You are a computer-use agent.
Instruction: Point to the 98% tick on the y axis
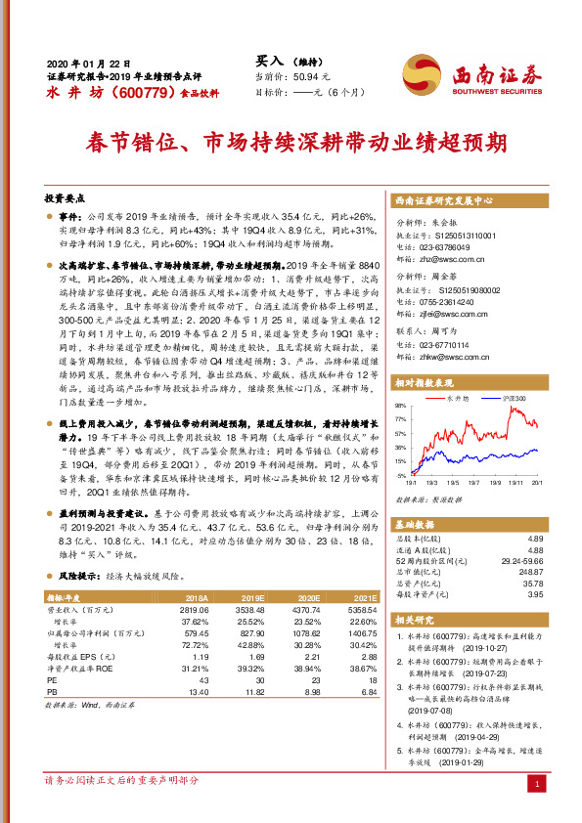402,404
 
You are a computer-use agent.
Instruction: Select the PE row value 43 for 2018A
204,679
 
